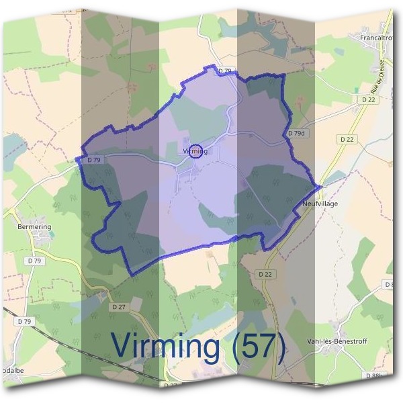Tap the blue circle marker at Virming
[196, 150]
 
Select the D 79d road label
[296, 134]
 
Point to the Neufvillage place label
[320, 203]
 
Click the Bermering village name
[34, 227]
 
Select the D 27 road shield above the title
[119, 306]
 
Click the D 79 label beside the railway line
[25, 322]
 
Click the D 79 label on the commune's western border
[93, 160]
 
